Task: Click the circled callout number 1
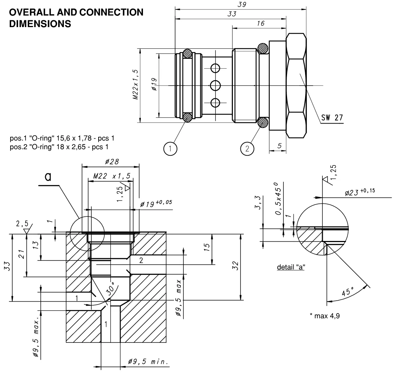[170, 149]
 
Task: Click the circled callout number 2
[247, 149]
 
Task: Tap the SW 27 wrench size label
[332, 118]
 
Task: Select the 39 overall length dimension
[242, 4]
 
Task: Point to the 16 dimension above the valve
[260, 23]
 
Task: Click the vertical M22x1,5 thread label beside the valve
[135, 85]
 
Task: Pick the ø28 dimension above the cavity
[112, 162]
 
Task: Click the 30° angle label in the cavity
[111, 289]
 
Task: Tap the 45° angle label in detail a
[348, 292]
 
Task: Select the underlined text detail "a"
[291, 267]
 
